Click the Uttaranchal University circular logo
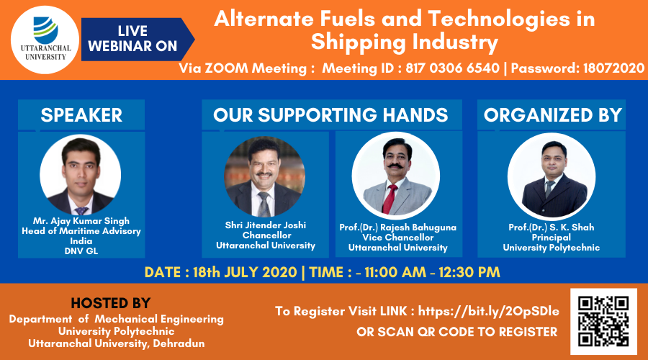[45, 40]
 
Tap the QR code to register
[603, 322]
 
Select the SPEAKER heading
[81, 115]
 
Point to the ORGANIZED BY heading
[552, 115]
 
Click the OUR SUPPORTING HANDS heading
[330, 115]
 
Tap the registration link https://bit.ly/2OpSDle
[488, 311]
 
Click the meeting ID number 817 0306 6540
[453, 68]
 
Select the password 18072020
[613, 68]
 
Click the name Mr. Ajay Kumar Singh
[81, 221]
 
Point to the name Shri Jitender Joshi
[265, 225]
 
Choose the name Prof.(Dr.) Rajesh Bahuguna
[398, 228]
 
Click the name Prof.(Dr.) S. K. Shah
[552, 228]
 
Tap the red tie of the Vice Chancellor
[389, 199]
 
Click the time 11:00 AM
[395, 272]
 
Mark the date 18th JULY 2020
[245, 272]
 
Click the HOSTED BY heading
[110, 303]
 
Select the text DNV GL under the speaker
[81, 251]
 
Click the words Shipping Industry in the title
[405, 42]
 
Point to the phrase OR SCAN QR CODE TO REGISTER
[457, 332]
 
